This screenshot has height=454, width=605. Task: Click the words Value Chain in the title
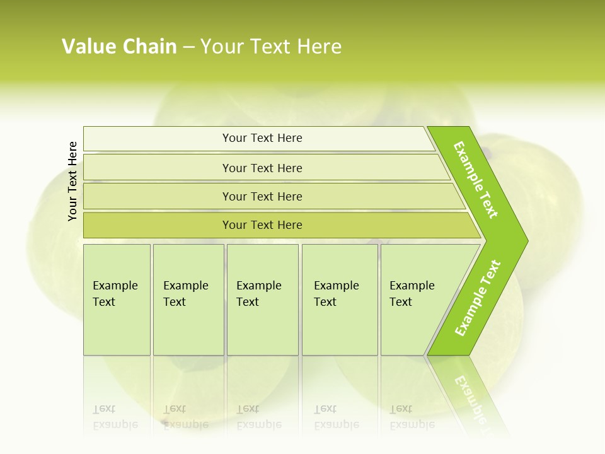pyautogui.click(x=119, y=47)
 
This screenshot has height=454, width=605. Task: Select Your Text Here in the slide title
pyautogui.click(x=271, y=47)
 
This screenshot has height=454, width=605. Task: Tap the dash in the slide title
pyautogui.click(x=188, y=47)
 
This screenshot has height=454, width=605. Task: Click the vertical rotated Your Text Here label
pyautogui.click(x=72, y=181)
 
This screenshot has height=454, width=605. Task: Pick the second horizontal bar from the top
pyautogui.click(x=262, y=168)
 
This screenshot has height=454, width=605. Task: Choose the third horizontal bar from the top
pyautogui.click(x=262, y=196)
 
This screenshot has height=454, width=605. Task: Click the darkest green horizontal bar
pyautogui.click(x=262, y=225)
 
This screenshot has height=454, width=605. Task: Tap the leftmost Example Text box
pyautogui.click(x=117, y=300)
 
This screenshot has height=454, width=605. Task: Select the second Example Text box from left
pyautogui.click(x=188, y=300)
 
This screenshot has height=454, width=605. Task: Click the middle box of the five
pyautogui.click(x=262, y=300)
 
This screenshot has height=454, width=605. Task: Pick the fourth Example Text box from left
pyautogui.click(x=339, y=300)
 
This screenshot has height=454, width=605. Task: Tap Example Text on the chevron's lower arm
pyautogui.click(x=478, y=298)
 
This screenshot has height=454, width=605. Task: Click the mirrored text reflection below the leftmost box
pyautogui.click(x=115, y=417)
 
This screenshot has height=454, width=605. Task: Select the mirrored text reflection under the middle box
pyautogui.click(x=259, y=417)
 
